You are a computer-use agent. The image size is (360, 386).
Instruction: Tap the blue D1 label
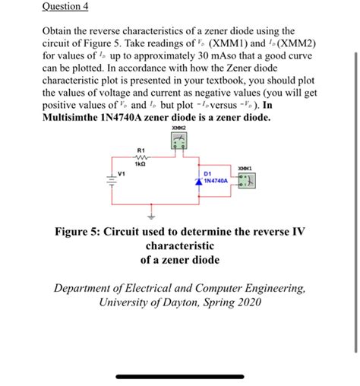click(x=207, y=174)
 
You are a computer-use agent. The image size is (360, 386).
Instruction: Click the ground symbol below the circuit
click(x=139, y=215)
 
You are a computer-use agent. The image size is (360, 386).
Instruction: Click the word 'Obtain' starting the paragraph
click(x=58, y=32)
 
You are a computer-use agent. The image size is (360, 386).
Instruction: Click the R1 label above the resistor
click(x=141, y=149)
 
